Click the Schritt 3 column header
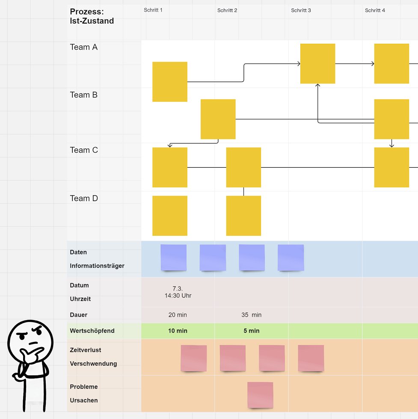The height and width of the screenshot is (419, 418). [301, 10]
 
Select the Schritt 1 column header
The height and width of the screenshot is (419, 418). [153, 10]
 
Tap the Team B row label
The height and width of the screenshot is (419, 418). [83, 95]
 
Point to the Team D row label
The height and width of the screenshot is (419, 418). [84, 198]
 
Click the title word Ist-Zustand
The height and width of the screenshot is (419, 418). [92, 21]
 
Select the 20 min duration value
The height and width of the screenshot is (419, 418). [178, 315]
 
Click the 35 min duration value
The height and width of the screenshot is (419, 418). [251, 315]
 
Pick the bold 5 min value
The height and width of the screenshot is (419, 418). [251, 331]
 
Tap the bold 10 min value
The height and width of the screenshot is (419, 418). [178, 331]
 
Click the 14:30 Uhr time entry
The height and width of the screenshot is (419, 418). [178, 296]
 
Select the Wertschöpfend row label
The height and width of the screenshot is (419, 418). [92, 331]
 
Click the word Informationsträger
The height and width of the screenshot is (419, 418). [97, 266]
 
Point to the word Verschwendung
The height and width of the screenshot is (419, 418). [93, 364]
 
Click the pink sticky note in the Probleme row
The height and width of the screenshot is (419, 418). [260, 395]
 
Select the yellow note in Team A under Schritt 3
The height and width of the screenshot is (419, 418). [317, 64]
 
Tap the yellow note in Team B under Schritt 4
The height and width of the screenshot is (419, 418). [391, 119]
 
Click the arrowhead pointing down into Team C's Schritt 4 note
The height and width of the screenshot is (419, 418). [391, 146]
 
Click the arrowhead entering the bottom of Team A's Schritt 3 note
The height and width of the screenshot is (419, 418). [317, 85]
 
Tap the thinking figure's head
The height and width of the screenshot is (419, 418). [30, 342]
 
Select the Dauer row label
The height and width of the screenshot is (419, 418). [79, 315]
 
